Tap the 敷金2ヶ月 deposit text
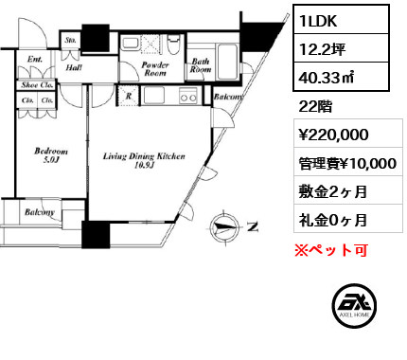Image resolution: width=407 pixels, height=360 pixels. tap(331, 191)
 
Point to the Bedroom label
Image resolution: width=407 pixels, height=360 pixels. tap(50, 152)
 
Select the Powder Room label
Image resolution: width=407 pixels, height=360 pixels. tap(154, 69)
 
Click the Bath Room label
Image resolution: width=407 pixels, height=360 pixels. tap(201, 68)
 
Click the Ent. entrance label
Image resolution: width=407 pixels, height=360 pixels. tap(36, 60)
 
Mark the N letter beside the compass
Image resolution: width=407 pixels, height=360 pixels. tap(252, 226)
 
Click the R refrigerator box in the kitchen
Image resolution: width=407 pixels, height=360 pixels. tap(128, 95)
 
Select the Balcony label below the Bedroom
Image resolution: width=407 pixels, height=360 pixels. tap(39, 212)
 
